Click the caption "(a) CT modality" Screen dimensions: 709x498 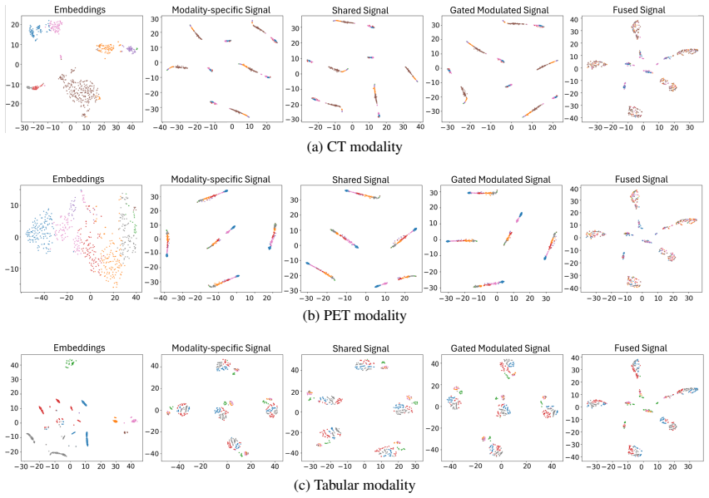coord(354,146)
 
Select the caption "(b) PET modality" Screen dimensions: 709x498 coord(354,315)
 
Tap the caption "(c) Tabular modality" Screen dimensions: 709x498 coord(354,485)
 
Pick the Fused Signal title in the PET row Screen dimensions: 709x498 coord(641,179)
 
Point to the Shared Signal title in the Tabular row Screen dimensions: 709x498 coord(360,348)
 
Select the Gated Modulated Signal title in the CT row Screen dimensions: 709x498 coord(499,10)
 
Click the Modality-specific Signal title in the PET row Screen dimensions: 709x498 coord(221,180)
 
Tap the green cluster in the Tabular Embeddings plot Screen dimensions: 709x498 coord(71,362)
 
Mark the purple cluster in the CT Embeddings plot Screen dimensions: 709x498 coord(131,49)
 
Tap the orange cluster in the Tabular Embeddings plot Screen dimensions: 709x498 coord(116,421)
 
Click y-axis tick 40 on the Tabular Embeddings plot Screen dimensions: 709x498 coord(14,365)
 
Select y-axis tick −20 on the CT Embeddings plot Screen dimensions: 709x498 coord(12,104)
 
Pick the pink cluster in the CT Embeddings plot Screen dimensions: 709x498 coord(55,27)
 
